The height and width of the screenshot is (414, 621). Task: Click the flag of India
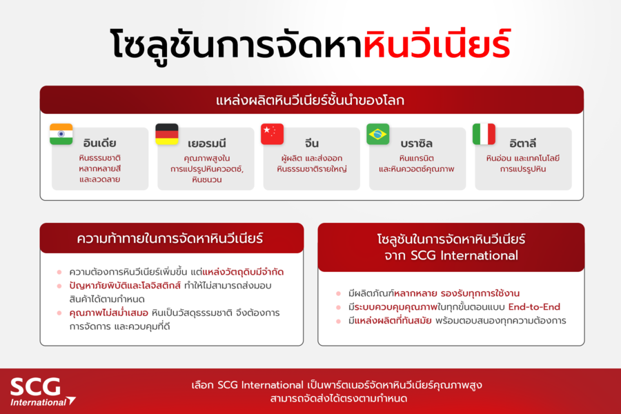61,134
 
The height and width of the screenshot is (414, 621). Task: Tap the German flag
166,134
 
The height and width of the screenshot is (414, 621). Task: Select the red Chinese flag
272,134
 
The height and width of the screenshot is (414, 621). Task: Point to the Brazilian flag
377,134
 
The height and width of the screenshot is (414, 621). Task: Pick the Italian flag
484,134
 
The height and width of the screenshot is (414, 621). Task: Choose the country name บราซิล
416,144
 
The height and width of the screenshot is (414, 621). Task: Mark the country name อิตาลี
522,144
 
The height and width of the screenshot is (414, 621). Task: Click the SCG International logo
41,391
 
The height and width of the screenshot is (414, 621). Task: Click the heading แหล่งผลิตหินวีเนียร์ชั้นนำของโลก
310,101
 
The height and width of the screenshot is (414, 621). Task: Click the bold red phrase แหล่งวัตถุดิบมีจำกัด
234,272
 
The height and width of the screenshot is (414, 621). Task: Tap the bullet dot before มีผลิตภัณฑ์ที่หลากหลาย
339,293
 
